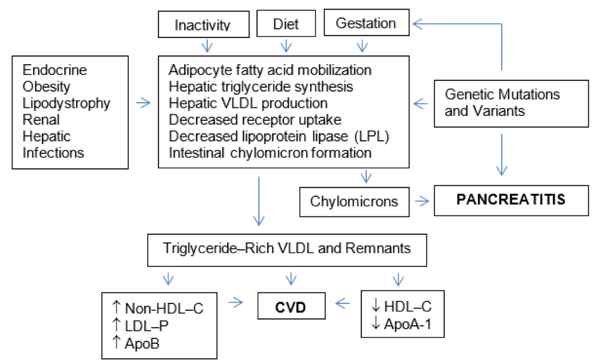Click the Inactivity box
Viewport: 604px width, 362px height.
(203, 24)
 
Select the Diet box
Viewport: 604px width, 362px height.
(286, 24)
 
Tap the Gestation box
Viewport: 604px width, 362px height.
(366, 22)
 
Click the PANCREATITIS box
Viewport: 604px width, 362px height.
(511, 201)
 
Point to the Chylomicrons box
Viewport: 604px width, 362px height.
(354, 202)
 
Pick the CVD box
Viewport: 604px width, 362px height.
(291, 306)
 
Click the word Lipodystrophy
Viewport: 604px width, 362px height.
(66, 103)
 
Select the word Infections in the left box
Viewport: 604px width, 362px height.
(53, 153)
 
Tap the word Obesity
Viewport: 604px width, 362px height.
(46, 87)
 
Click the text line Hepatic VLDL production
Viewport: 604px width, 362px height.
(248, 103)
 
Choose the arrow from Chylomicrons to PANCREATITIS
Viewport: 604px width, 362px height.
(422, 201)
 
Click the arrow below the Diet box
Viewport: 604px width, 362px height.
(286, 46)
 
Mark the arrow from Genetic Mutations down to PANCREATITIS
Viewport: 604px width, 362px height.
(502, 155)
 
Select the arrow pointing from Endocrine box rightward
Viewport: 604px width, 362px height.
(143, 103)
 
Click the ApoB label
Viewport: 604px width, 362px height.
(142, 343)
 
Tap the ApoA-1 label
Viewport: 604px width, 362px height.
(407, 324)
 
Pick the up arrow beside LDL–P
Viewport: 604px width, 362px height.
(116, 325)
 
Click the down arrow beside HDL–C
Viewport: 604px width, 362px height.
(376, 306)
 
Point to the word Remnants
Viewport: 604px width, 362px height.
(378, 248)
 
